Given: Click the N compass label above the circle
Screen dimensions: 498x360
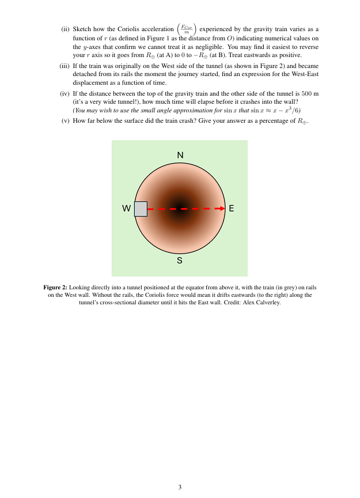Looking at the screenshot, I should pos(180,155).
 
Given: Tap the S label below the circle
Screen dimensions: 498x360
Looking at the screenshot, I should pos(180,261).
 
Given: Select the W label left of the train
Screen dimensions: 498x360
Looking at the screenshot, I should pos(126,209).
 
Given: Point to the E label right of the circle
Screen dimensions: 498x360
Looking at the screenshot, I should pos(232,209).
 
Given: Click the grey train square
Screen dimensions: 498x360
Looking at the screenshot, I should pos(141,209).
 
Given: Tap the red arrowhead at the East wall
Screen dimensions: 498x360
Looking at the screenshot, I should pos(221,209).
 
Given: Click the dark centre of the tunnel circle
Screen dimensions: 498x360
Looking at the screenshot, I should pos(180,209).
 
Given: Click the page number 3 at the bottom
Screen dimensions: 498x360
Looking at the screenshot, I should pos(180,487).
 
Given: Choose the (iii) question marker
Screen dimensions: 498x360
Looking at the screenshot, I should pos(65,66).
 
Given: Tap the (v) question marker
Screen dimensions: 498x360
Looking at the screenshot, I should pos(66,121).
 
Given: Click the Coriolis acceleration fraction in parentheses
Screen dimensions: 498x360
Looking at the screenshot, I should pos(187,28).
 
